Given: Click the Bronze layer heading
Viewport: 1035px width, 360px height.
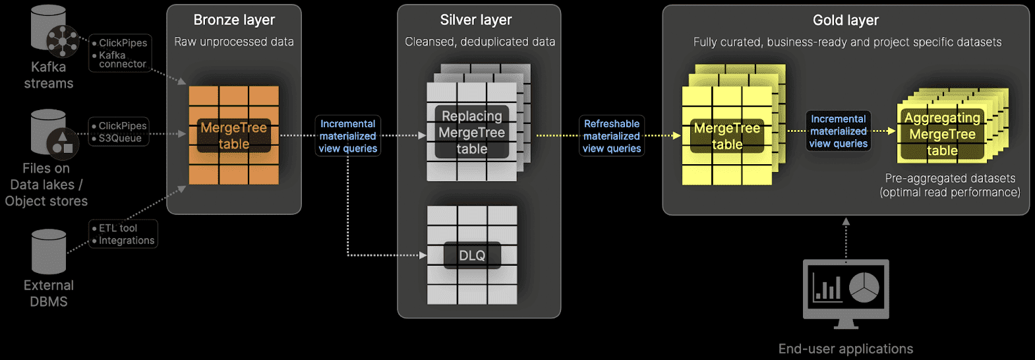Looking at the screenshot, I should tap(234, 20).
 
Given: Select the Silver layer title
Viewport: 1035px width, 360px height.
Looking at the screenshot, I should tap(476, 20).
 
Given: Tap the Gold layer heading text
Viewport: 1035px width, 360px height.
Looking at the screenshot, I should tap(846, 20).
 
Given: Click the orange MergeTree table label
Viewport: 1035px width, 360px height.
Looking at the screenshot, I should tap(234, 136).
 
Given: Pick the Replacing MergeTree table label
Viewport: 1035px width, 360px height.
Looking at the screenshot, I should tap(472, 133).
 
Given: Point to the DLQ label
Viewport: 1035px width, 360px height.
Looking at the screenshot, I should tap(472, 256).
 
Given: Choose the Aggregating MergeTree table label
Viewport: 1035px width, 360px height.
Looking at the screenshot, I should tap(942, 135).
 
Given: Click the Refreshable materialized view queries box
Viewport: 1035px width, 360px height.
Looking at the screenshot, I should tap(612, 136).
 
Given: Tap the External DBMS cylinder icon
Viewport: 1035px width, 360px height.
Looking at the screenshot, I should tap(49, 251).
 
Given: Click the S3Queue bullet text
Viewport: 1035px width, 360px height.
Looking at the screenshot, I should tap(120, 138).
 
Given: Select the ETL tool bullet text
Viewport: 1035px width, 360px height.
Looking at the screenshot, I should tap(118, 228).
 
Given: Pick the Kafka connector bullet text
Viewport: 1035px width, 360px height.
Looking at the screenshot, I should tap(122, 60).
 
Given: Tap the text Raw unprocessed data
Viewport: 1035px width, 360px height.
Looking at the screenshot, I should tap(234, 42).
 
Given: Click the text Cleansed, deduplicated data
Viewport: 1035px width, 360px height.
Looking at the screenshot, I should tap(480, 42).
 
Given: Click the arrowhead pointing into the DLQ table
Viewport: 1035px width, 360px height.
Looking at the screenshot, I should tap(423, 255).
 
